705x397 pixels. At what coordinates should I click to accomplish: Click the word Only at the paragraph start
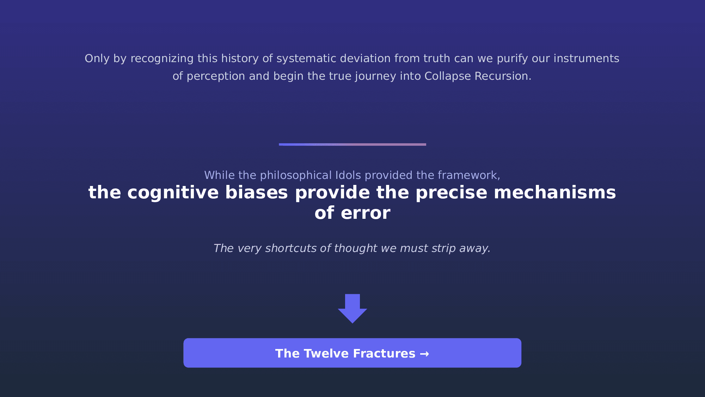[97, 59]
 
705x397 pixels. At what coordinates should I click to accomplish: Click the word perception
[216, 76]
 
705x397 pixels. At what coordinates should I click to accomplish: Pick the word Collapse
[448, 76]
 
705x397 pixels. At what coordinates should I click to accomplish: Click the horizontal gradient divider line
[352, 144]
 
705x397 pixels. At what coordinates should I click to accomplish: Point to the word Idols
[348, 175]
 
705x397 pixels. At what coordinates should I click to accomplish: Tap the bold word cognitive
[173, 193]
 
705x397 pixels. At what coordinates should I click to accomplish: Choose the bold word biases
[256, 193]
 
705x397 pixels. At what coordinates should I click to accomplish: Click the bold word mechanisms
[555, 193]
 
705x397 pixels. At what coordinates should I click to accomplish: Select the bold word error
[366, 213]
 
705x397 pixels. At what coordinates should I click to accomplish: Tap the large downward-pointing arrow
[352, 308]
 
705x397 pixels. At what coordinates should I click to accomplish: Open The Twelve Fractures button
[352, 353]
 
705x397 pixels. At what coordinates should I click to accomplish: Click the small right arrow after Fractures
[424, 354]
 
